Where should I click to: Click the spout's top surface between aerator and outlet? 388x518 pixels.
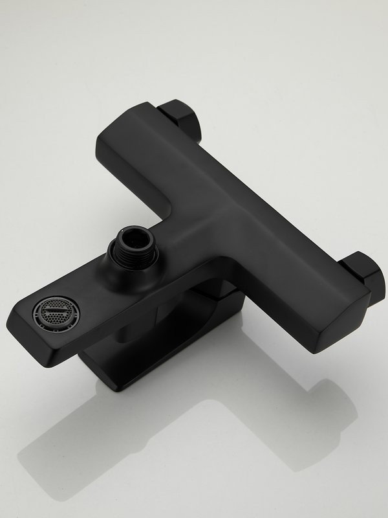pyautogui.click(x=91, y=285)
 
